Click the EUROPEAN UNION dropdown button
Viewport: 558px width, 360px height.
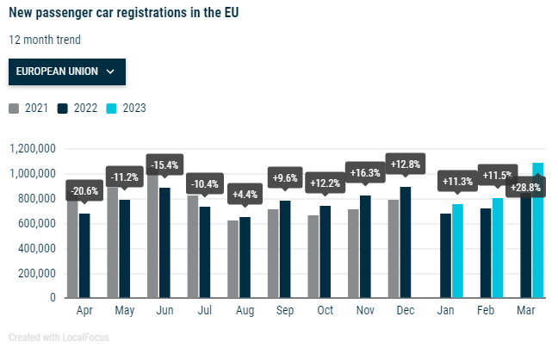point(67,71)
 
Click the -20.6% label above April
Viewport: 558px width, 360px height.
point(84,191)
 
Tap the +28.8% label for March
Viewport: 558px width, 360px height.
point(525,187)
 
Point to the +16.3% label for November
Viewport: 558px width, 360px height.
point(365,172)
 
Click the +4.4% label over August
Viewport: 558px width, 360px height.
point(245,195)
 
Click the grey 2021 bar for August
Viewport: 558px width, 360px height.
point(232,259)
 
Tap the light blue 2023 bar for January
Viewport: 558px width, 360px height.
point(458,251)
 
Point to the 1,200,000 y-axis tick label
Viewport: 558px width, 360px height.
point(34,149)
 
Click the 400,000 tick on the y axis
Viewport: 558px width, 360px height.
point(36,249)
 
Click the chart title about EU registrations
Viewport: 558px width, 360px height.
point(124,13)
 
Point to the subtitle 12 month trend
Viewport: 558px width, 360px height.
point(45,40)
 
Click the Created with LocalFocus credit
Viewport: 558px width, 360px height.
point(59,338)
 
